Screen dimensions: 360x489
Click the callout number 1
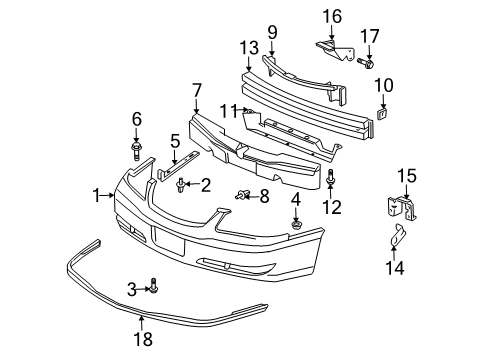click(98, 195)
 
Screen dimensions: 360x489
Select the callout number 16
click(331, 15)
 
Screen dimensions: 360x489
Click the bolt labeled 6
click(136, 151)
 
